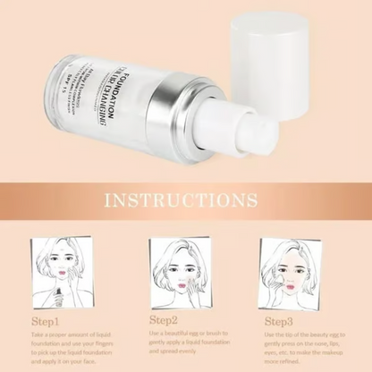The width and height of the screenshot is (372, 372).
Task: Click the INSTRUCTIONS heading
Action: [x=185, y=198]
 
